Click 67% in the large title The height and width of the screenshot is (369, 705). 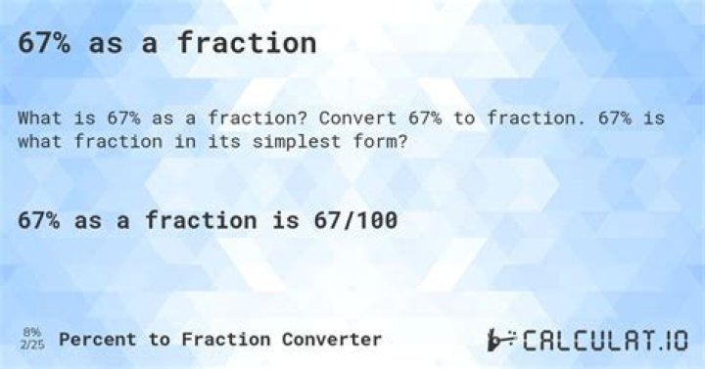[x=43, y=43]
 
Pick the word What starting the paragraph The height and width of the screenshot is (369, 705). [x=38, y=117]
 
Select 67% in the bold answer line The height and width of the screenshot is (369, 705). [x=39, y=221]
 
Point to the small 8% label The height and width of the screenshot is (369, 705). [x=31, y=333]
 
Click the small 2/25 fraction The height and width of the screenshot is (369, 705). [x=31, y=345]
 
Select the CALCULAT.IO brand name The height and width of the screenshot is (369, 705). [x=604, y=340]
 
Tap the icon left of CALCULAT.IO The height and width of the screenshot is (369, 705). [x=501, y=340]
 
